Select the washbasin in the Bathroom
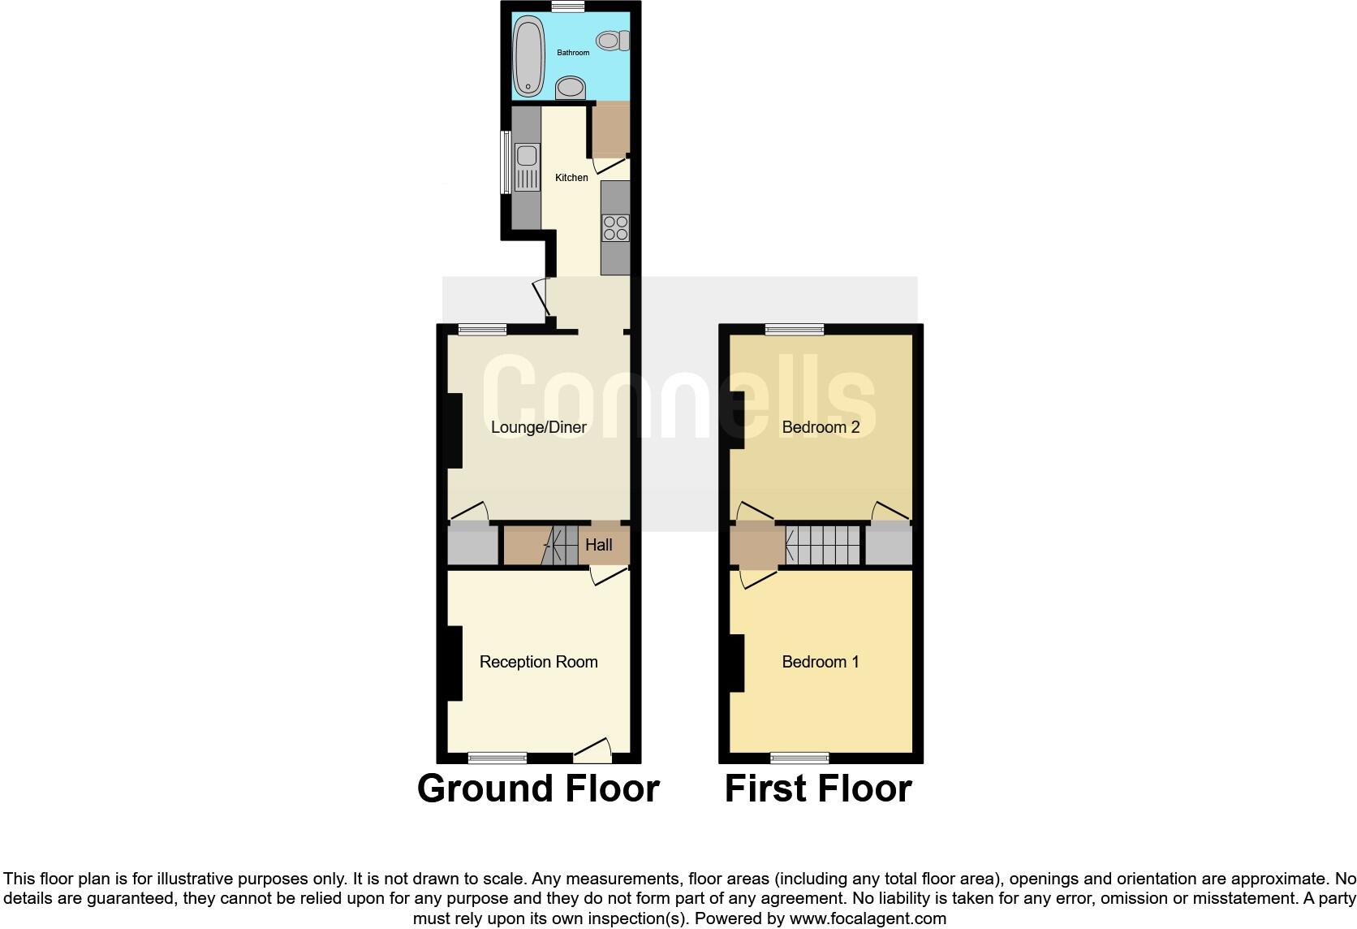[571, 87]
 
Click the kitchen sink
[527, 166]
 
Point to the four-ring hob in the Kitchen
[615, 227]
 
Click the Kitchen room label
[571, 178]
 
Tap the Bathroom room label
[573, 53]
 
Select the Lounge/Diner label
[539, 427]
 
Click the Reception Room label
[539, 662]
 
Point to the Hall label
[599, 545]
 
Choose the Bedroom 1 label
[821, 662]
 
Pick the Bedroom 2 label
[821, 427]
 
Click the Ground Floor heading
[538, 789]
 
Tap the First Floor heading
[818, 789]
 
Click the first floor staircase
[822, 545]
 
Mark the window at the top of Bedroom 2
[795, 329]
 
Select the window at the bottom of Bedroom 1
[799, 758]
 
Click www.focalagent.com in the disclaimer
[868, 919]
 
